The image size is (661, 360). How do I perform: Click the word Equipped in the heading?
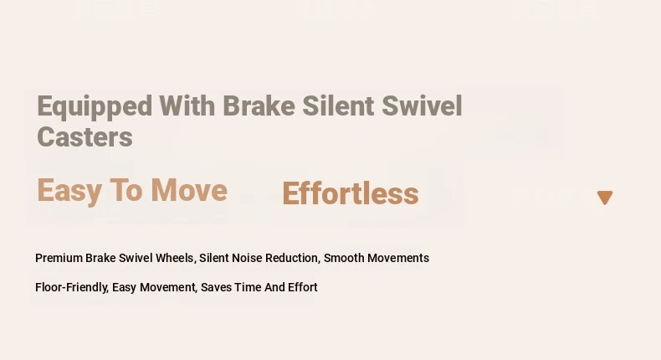pos(95,107)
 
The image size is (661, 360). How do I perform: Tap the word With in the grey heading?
pos(187,105)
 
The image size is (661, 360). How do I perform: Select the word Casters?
pos(85,137)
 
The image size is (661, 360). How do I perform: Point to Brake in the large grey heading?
pos(259,105)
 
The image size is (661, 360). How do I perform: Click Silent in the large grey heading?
pos(338,105)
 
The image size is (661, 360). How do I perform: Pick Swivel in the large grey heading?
pos(422,105)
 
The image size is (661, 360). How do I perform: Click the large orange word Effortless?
pos(351,193)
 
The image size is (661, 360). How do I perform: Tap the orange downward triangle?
pos(605,198)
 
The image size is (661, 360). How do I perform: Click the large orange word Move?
pos(189,190)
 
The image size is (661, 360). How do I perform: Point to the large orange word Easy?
pos(69,192)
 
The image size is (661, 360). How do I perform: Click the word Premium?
pos(59,258)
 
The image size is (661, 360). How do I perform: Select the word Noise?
pos(247,258)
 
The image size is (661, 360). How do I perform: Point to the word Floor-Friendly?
pos(72,287)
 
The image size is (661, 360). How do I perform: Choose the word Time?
pos(248,287)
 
